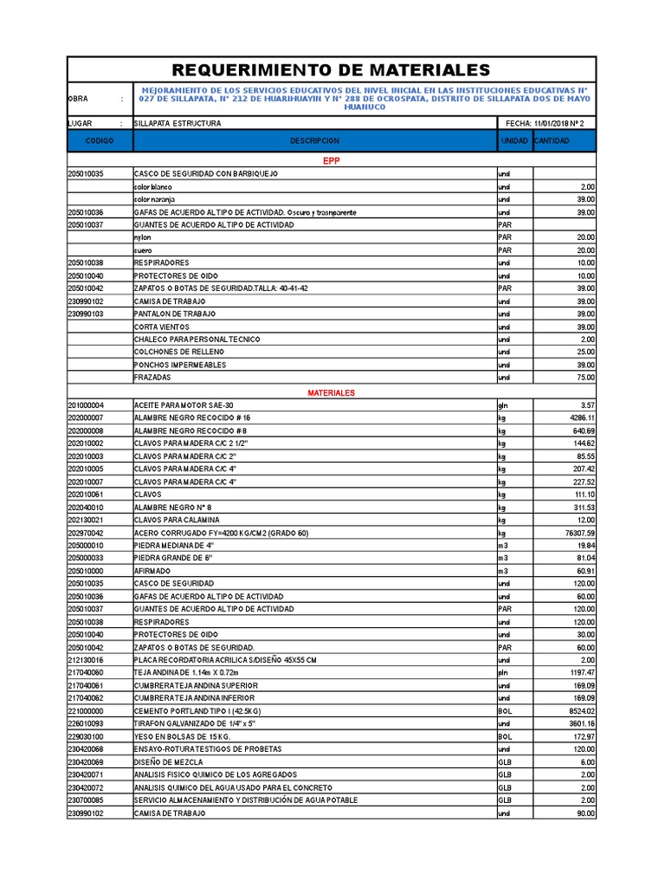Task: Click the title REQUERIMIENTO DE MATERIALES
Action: click(332, 70)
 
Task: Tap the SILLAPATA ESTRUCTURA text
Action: click(178, 124)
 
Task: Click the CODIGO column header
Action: click(100, 141)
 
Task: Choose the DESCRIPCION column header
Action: click(314, 141)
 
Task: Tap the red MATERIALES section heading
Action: click(332, 392)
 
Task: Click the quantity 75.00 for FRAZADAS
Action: click(585, 378)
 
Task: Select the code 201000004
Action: click(86, 405)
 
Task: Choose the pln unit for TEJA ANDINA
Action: click(502, 672)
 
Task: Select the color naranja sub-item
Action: click(153, 199)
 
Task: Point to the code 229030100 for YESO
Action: click(86, 735)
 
